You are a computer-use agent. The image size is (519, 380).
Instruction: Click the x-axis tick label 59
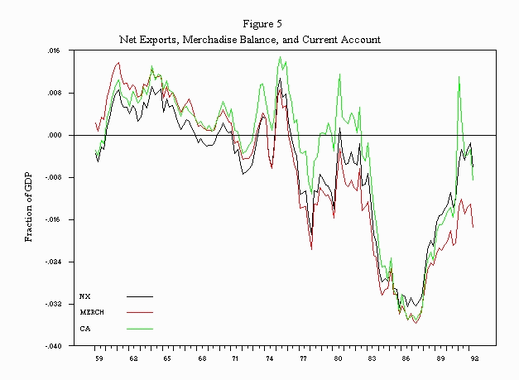pyautogui.click(x=99, y=359)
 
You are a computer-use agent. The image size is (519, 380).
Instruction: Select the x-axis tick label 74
pyautogui.click(x=270, y=359)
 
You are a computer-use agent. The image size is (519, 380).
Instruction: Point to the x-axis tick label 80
pyautogui.click(x=339, y=359)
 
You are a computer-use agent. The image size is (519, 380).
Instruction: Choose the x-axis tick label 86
pyautogui.click(x=406, y=359)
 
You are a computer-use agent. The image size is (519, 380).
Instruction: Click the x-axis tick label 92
pyautogui.click(x=474, y=359)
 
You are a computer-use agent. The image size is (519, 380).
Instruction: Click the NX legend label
pyautogui.click(x=84, y=295)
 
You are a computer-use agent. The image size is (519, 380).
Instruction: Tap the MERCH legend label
pyautogui.click(x=92, y=312)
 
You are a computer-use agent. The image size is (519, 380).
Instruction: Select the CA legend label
pyautogui.click(x=84, y=329)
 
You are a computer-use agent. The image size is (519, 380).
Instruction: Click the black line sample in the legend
pyautogui.click(x=140, y=296)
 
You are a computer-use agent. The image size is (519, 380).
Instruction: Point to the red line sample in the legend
pyautogui.click(x=140, y=312)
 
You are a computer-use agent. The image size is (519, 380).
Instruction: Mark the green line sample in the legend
pyautogui.click(x=140, y=329)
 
